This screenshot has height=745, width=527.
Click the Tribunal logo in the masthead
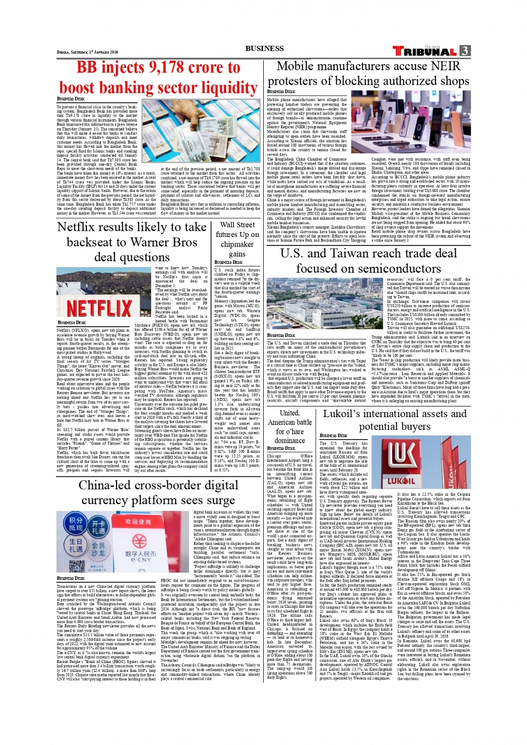(x=424, y=51)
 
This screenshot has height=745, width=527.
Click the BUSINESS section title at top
(x=264, y=49)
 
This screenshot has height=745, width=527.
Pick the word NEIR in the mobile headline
(x=446, y=66)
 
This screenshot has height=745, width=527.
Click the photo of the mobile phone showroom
(x=410, y=122)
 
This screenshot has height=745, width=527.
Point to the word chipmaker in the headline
(x=237, y=244)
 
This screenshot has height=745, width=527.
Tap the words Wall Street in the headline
(x=237, y=225)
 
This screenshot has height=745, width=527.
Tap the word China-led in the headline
(x=109, y=485)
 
